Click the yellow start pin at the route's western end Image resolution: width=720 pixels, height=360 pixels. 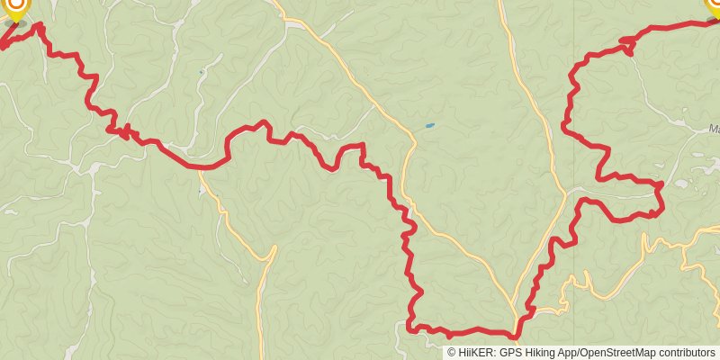(15, 7)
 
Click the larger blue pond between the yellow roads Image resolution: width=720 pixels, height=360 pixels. (429, 125)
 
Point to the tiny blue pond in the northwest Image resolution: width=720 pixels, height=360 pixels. (201, 71)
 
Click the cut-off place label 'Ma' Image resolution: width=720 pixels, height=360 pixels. (714, 129)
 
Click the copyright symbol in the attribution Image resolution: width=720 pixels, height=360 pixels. (451, 353)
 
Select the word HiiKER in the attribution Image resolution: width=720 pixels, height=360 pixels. (475, 353)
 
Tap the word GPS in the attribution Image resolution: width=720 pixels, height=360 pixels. (509, 353)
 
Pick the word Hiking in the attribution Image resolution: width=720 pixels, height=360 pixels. (538, 353)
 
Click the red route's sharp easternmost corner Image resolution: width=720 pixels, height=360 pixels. (661, 184)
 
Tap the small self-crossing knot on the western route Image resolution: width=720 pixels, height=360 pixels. (124, 131)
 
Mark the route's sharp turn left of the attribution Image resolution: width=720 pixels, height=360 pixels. (410, 328)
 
